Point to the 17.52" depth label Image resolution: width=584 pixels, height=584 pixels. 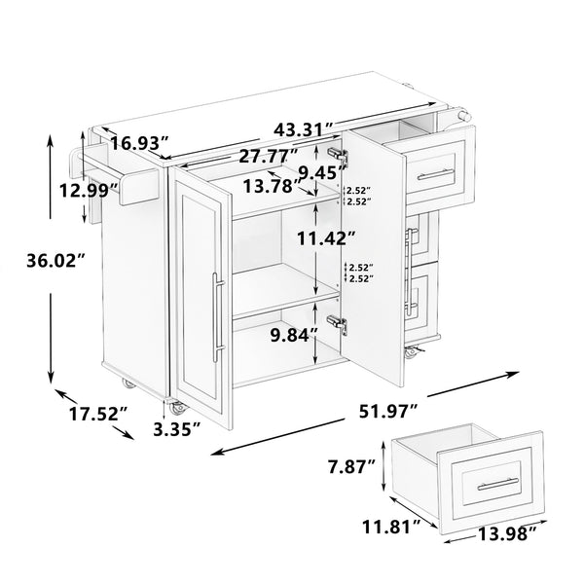click(95, 414)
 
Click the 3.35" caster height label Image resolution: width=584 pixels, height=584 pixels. click(178, 426)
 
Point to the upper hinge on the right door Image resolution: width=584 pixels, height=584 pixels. click(339, 155)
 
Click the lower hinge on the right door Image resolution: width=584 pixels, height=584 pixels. click(338, 325)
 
